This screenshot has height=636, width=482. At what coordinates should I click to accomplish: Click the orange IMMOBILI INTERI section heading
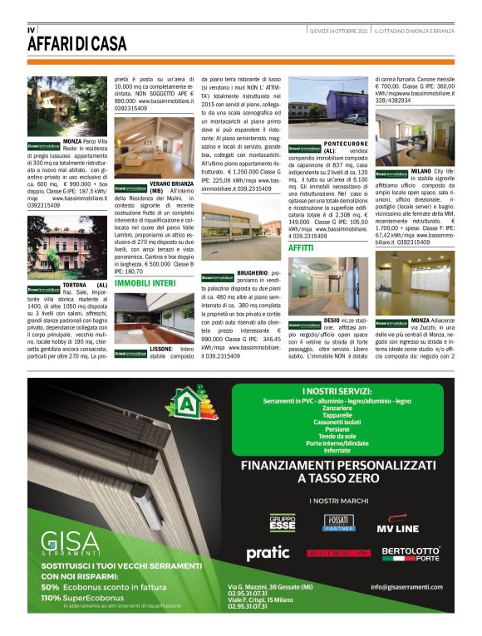[145, 283]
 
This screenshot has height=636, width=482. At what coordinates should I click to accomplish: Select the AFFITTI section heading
[301, 247]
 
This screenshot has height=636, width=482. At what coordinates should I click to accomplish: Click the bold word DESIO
[333, 319]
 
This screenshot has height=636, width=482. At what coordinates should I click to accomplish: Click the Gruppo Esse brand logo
[283, 523]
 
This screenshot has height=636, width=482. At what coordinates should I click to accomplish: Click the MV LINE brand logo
[399, 526]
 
